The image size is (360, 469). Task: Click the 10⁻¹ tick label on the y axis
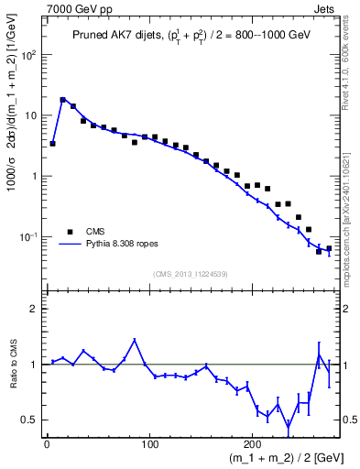(x=29, y=237)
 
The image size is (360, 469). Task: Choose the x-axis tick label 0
(x=47, y=444)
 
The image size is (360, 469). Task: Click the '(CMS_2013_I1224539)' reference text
(x=190, y=273)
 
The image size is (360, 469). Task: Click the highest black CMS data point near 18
(x=63, y=100)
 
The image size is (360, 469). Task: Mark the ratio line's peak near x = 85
(x=135, y=340)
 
